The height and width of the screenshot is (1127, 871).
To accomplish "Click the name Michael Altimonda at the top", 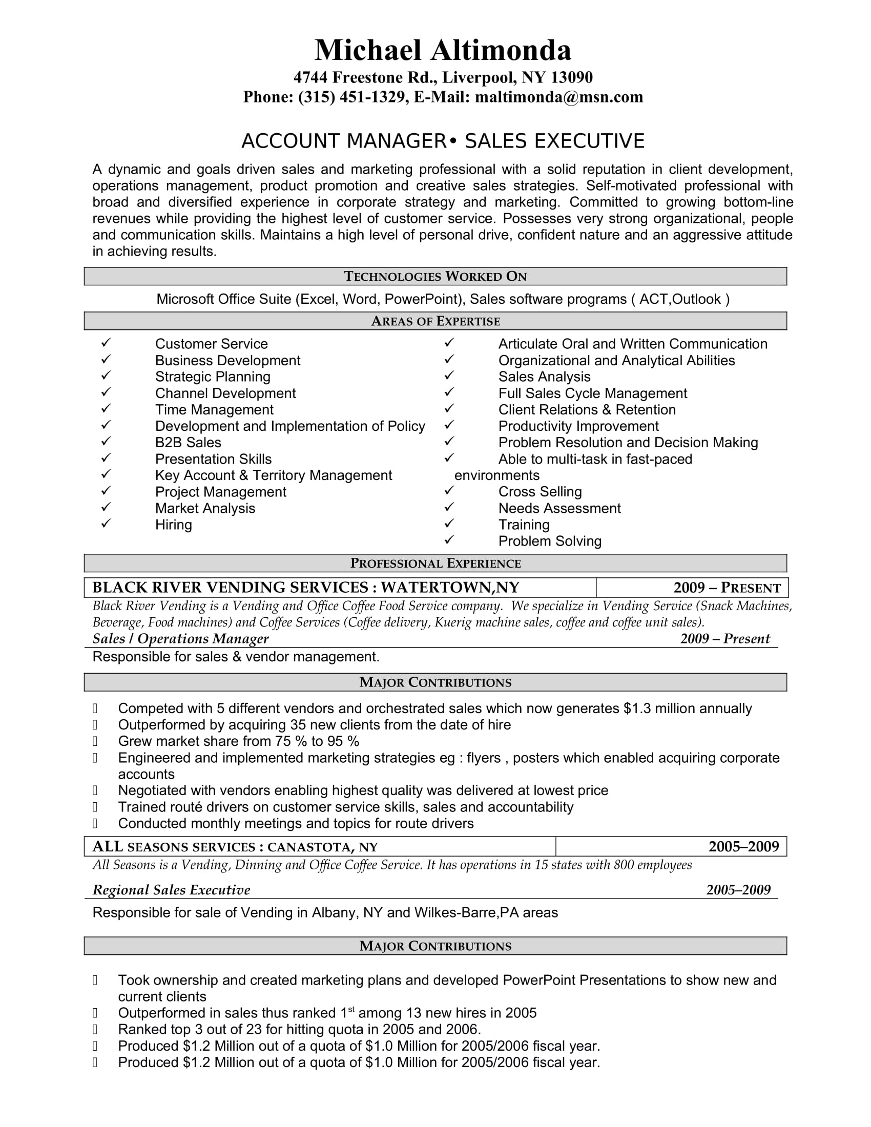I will click(443, 51).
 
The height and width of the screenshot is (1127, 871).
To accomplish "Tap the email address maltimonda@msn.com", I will click(559, 97).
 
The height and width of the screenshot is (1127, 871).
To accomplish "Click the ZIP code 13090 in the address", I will click(571, 77).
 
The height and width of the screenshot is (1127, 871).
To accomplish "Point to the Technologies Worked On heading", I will click(435, 277).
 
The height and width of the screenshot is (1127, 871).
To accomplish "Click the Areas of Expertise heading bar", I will click(435, 321).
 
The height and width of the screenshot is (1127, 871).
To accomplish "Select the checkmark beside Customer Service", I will click(106, 343).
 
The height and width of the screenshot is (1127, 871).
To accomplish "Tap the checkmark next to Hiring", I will click(106, 523).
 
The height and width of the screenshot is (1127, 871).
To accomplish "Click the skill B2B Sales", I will click(188, 443).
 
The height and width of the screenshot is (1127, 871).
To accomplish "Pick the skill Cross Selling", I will click(540, 492).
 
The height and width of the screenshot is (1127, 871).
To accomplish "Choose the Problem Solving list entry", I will click(550, 541).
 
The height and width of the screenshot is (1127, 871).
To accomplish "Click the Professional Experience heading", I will click(435, 563).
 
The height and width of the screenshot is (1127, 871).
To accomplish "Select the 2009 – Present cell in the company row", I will click(727, 588).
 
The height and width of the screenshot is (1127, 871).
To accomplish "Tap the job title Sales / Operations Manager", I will click(180, 639).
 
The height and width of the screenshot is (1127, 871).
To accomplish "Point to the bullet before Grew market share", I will click(95, 742).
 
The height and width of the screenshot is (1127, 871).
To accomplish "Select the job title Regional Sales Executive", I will click(171, 890).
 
